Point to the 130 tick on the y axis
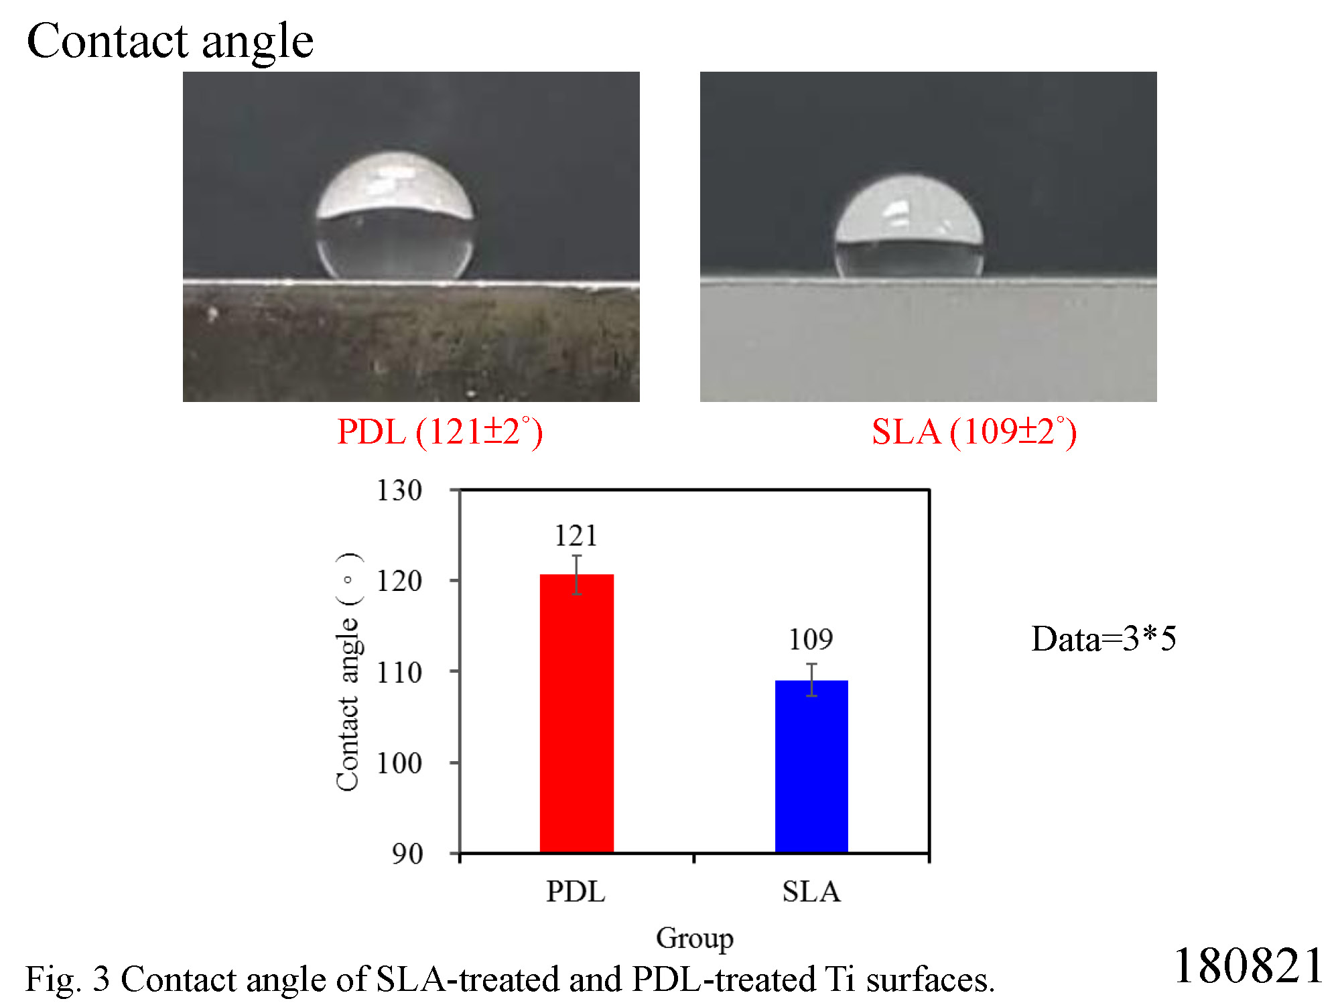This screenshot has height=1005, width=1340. (x=399, y=490)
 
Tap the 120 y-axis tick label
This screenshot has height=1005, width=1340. (x=399, y=581)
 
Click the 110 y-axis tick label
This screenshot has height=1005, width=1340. (x=399, y=672)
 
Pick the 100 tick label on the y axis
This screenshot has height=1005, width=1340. (x=399, y=763)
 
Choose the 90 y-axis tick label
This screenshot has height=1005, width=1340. (x=407, y=854)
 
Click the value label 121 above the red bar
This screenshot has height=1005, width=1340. (x=576, y=535)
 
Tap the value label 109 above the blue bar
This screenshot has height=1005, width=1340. (x=811, y=639)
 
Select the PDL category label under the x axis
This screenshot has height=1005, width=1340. (x=576, y=892)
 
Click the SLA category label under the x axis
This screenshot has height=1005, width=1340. (x=811, y=892)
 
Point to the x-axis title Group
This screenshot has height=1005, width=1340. (x=695, y=938)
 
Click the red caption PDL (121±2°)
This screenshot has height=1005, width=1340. (x=440, y=431)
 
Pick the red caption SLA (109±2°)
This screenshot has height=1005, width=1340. (x=974, y=431)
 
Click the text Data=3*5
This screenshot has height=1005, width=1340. (x=1103, y=639)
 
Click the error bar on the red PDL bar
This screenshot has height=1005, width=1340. (x=577, y=575)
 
